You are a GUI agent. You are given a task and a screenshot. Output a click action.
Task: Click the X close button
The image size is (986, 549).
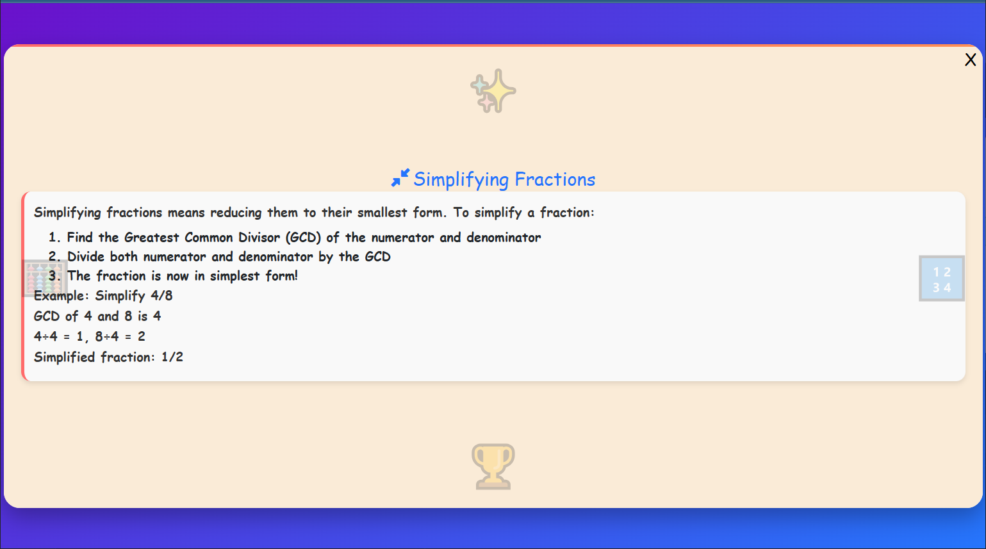point(970,60)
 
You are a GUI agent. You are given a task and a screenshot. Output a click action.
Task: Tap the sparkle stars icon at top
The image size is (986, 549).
point(493,91)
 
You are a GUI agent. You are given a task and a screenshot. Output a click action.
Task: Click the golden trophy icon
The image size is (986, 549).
point(493,466)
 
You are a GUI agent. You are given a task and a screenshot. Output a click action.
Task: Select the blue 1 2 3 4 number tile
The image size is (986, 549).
point(941,279)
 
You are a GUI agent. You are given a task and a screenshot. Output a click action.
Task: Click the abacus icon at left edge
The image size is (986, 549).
point(44,278)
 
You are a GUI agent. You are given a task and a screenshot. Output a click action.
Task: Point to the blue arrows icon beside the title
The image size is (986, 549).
point(400,178)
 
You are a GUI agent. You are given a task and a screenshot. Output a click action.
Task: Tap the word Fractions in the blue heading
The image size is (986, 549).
point(555,179)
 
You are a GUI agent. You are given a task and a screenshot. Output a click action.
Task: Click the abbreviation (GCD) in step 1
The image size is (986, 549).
point(303,238)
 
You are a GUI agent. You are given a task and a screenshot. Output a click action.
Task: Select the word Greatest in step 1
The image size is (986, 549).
point(151,238)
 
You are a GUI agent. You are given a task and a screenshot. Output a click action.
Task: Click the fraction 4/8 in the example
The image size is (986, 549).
point(161,296)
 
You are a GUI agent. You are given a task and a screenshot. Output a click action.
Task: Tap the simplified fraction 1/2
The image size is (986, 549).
point(172,357)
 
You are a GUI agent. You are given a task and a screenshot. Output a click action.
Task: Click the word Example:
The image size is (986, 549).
point(61,296)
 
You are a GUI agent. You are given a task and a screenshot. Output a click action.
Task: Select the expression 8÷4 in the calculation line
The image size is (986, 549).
point(107,337)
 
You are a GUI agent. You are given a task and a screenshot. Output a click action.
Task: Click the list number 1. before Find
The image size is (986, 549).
point(54,238)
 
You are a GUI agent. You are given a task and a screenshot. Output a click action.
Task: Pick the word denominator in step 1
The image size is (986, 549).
point(504,238)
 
